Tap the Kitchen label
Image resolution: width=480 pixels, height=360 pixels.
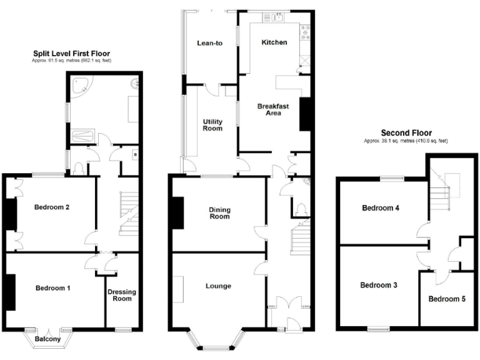click(274, 42)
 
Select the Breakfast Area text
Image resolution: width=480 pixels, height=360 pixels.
click(273, 109)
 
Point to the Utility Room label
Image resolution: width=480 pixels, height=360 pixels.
click(212, 124)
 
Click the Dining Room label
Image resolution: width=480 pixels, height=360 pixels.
click(219, 213)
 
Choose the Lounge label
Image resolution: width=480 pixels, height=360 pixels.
click(218, 286)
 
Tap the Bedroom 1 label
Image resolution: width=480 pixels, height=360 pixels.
click(52, 288)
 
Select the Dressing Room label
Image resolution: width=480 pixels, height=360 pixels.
click(122, 295)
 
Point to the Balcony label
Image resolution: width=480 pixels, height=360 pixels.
click(48, 339)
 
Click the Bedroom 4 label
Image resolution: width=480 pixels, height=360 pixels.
click(380, 208)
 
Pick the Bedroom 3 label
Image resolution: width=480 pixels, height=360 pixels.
click(379, 285)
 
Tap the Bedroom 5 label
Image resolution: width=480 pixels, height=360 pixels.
click(447, 299)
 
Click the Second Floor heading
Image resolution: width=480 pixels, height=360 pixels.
click(406, 133)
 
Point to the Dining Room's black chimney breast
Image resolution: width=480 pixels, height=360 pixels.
click(177, 212)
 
